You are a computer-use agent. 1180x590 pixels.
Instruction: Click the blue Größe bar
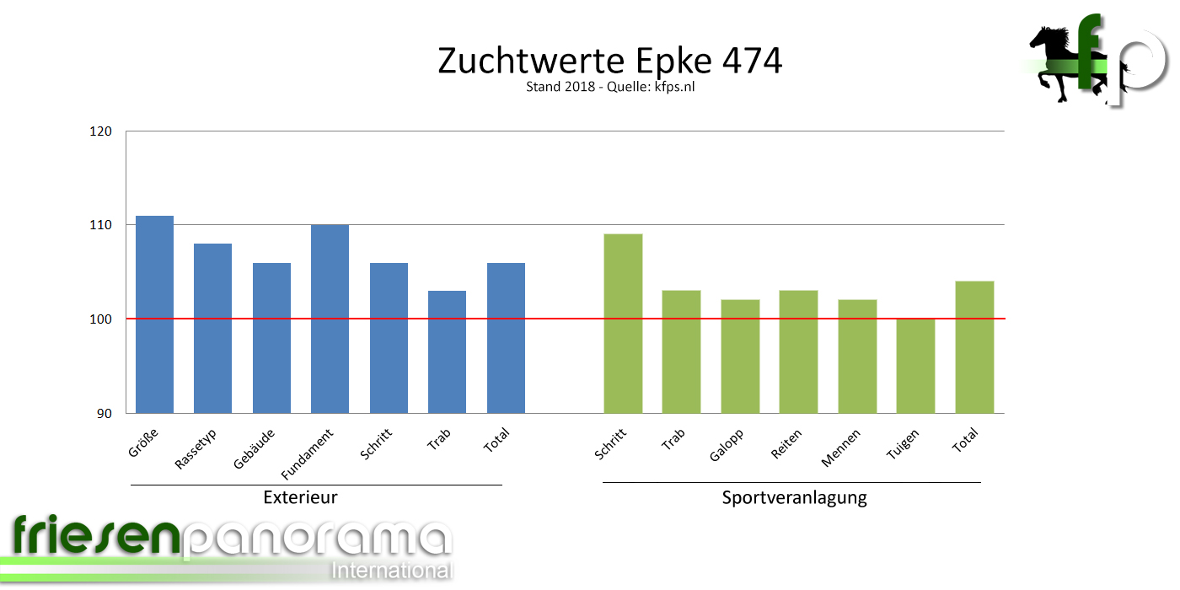pyautogui.click(x=154, y=314)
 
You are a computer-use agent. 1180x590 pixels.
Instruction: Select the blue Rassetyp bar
pyautogui.click(x=212, y=328)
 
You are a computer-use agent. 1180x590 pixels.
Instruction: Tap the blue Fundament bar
pyautogui.click(x=330, y=319)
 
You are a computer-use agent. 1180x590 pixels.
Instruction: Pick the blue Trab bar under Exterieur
pyautogui.click(x=447, y=351)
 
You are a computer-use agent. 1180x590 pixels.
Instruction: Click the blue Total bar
pyautogui.click(x=506, y=337)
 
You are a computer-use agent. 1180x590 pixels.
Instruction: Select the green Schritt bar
pyautogui.click(x=623, y=323)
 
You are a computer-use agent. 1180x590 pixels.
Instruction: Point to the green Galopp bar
pyautogui.click(x=740, y=356)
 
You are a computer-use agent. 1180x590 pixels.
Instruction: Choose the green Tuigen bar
pyautogui.click(x=915, y=366)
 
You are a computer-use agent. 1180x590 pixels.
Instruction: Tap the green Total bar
pyautogui.click(x=974, y=346)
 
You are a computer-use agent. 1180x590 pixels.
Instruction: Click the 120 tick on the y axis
pyautogui.click(x=102, y=131)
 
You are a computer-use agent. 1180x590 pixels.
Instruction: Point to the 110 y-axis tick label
pyautogui.click(x=102, y=225)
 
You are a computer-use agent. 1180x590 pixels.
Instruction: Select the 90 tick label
pyautogui.click(x=105, y=413)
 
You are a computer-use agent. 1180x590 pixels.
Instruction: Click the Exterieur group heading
pyautogui.click(x=300, y=497)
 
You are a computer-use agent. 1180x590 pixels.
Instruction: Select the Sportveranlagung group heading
pyautogui.click(x=794, y=497)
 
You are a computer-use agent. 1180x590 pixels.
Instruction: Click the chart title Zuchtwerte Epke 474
pyautogui.click(x=609, y=61)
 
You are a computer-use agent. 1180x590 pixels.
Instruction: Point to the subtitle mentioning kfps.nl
pyautogui.click(x=609, y=87)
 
